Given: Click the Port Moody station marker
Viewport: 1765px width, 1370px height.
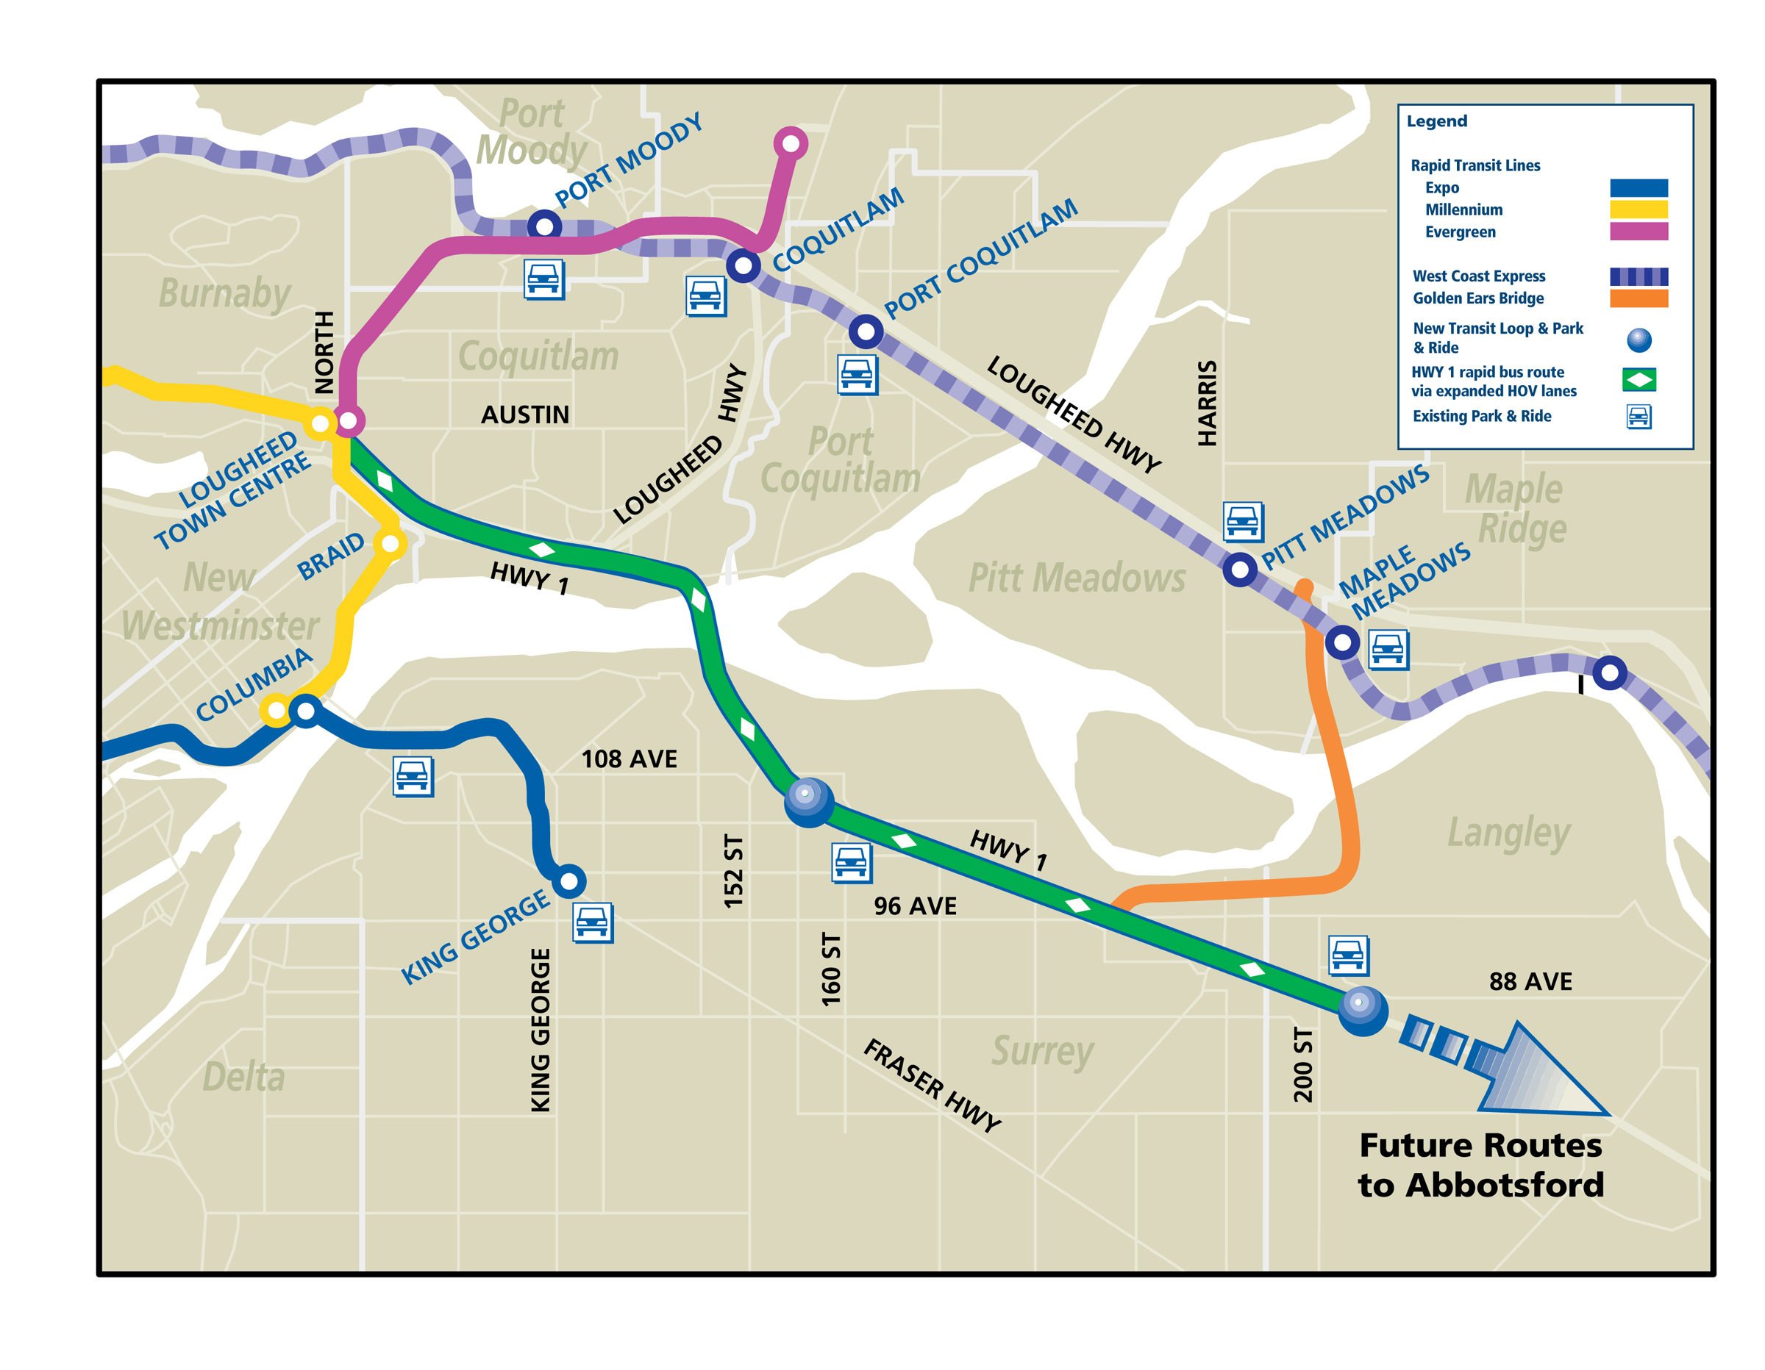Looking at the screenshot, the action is [544, 226].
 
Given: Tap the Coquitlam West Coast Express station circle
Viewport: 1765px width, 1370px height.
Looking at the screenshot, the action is [743, 265].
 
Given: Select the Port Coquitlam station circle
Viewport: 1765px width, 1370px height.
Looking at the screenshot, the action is [866, 331].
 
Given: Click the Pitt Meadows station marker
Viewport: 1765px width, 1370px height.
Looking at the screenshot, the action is [1240, 570].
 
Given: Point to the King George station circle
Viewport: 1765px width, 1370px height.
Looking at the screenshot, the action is [569, 881].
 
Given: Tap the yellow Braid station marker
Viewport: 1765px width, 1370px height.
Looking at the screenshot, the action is [391, 544].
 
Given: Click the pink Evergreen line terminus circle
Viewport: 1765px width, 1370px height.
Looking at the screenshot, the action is [791, 144].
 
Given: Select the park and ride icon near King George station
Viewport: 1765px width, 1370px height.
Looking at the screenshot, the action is [592, 922].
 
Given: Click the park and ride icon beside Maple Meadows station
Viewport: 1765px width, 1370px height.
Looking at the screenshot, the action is [1388, 650].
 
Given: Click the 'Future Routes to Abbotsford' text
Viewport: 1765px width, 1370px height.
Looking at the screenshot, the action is [1480, 1165].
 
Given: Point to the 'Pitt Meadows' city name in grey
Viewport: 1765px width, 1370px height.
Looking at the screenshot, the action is [1077, 578].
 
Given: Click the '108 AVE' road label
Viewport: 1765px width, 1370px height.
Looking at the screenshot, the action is [629, 759].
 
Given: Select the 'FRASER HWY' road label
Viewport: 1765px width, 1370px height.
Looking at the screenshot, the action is [932, 1084].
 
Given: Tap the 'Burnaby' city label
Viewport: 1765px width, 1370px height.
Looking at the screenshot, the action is [224, 293].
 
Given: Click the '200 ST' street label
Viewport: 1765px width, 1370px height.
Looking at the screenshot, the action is [1302, 1064].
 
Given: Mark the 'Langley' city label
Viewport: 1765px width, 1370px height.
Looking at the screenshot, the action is [1508, 832].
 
